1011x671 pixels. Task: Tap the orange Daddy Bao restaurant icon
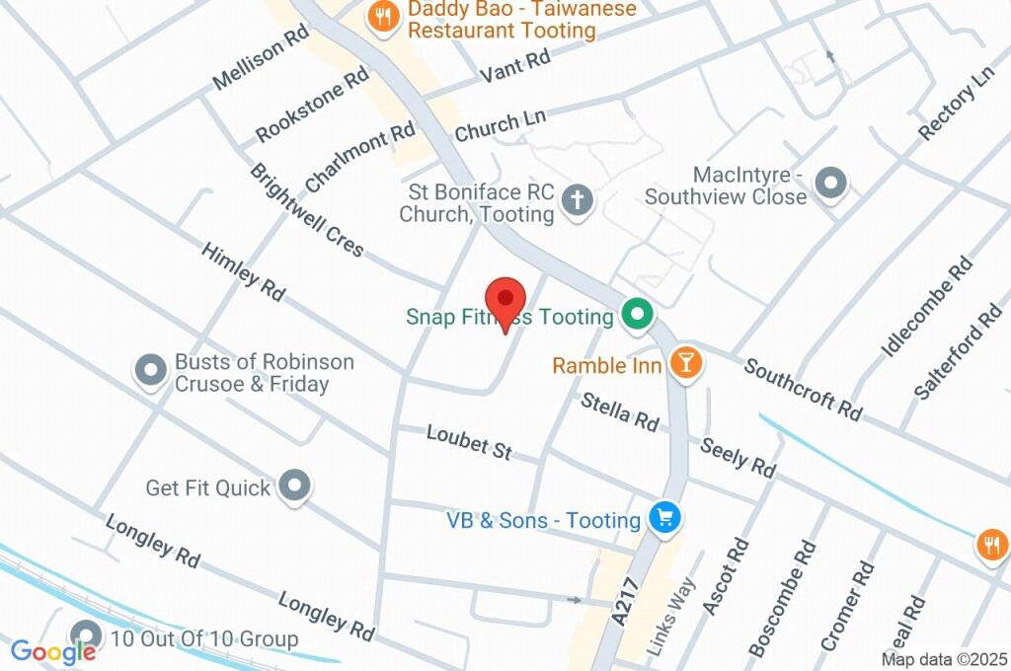point(381,16)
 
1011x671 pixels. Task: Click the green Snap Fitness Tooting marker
point(638,316)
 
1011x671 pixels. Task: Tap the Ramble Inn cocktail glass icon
point(684,363)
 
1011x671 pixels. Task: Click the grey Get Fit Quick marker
point(294,485)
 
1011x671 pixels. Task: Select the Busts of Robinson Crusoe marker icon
point(150,371)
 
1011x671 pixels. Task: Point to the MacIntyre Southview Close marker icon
point(833,183)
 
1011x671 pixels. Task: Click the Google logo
point(53,651)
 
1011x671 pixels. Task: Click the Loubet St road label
point(469,442)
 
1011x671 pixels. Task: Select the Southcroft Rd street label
point(803,387)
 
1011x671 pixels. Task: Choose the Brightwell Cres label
point(306,210)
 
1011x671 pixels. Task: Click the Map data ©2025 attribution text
point(944,659)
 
